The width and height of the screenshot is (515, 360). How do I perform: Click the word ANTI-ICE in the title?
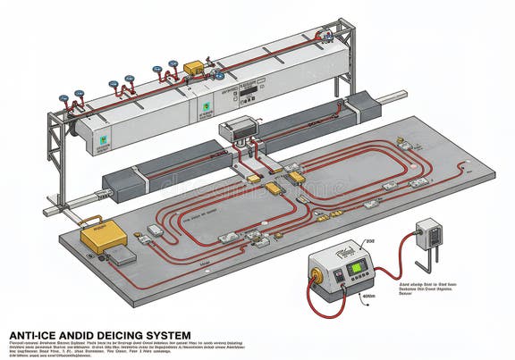[33, 335]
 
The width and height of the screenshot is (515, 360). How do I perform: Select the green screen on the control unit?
[357, 267]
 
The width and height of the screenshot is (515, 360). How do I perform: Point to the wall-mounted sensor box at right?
[430, 233]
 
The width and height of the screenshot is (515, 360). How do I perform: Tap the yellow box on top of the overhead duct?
[193, 68]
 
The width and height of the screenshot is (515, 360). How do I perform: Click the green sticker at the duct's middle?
[207, 107]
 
